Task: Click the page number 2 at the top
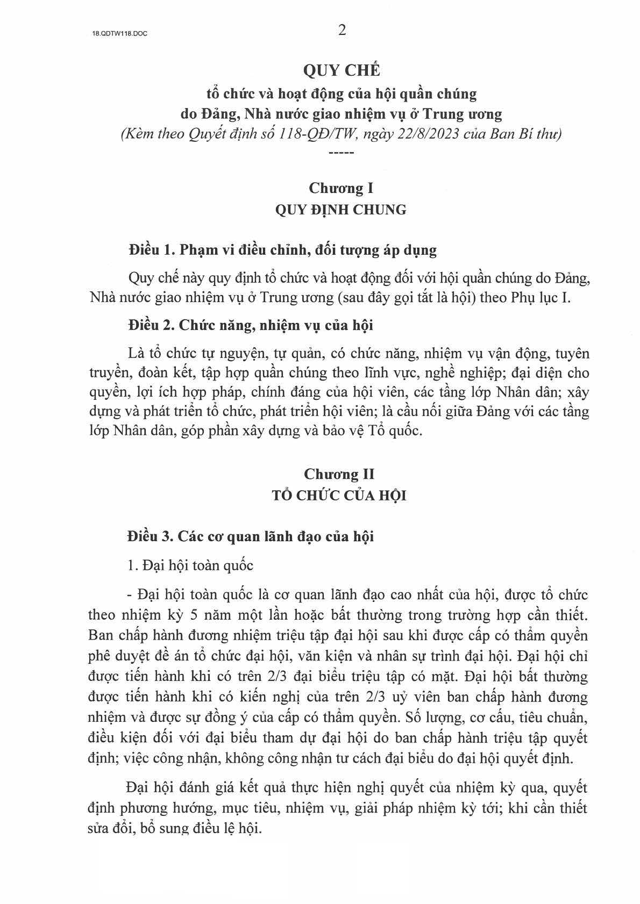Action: (342, 31)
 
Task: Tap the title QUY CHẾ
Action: (342, 70)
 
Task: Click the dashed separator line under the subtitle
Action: (341, 153)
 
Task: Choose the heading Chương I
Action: (341, 189)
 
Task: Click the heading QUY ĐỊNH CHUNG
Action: (341, 210)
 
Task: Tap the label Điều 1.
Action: (152, 250)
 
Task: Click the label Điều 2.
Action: (152, 326)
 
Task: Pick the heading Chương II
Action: (339, 474)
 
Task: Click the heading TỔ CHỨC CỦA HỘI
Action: (339, 495)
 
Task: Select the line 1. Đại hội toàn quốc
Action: (191, 565)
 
